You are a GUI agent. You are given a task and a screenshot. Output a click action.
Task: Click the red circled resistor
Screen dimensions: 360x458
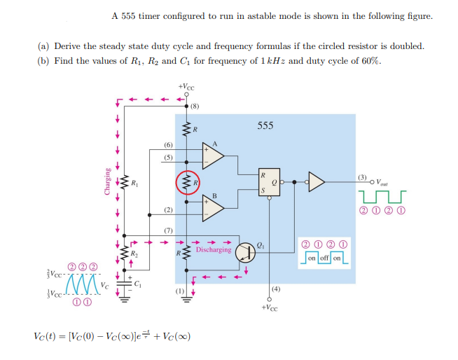(187, 184)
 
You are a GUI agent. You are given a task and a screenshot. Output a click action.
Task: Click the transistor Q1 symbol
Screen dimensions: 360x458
(246, 252)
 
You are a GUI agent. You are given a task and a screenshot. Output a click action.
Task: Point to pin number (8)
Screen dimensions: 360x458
(195, 107)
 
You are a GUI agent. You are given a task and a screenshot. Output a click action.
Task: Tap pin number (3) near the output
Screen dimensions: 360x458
(361, 175)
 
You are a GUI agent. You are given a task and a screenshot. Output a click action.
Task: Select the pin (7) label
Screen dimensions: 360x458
(168, 230)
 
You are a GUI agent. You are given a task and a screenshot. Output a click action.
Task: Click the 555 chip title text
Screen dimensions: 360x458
(265, 126)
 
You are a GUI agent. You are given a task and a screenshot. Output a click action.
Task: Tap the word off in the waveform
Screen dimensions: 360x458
(323, 258)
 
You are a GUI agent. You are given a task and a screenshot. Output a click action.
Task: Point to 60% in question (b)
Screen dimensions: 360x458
(370, 60)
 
